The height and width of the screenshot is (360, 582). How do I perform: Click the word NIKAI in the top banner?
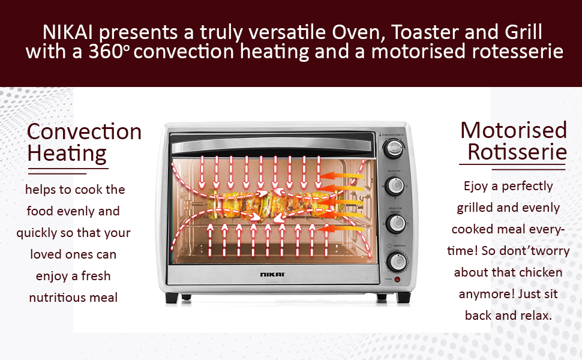pyautogui.click(x=68, y=32)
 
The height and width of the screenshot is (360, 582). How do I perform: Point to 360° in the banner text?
pyautogui.click(x=109, y=51)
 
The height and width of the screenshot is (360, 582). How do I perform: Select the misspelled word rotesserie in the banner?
pyautogui.click(x=517, y=51)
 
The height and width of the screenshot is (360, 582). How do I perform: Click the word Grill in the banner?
pyautogui.click(x=523, y=32)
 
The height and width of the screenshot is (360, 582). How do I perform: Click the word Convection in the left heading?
pyautogui.click(x=84, y=132)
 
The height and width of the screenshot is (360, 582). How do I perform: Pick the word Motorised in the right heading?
pyautogui.click(x=514, y=130)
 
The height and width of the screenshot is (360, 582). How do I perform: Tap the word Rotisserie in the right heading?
pyautogui.click(x=517, y=152)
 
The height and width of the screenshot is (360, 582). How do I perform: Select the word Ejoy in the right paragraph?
pyautogui.click(x=476, y=187)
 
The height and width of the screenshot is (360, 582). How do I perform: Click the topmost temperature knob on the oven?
pyautogui.click(x=394, y=148)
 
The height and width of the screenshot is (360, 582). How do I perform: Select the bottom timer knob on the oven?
pyautogui.click(x=398, y=262)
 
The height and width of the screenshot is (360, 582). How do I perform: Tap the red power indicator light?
pyautogui.click(x=397, y=279)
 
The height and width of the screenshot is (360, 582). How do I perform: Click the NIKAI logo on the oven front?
pyautogui.click(x=272, y=274)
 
